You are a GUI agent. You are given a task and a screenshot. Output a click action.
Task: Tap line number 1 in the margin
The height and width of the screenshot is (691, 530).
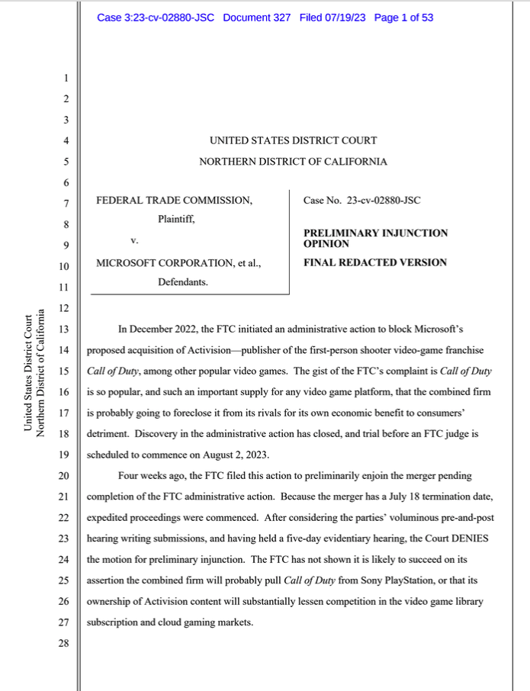66,79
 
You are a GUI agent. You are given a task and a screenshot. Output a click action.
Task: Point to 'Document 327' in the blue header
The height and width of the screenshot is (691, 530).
256,18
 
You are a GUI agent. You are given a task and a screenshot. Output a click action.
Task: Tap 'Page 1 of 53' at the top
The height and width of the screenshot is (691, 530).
404,18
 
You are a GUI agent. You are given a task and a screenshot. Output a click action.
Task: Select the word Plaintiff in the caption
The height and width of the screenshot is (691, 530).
177,220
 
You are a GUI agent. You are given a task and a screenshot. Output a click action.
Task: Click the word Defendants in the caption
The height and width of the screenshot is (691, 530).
183,282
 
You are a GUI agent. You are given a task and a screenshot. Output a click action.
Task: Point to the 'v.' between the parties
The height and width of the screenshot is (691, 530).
135,241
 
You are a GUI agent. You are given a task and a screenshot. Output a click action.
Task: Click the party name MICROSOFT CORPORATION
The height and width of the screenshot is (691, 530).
165,263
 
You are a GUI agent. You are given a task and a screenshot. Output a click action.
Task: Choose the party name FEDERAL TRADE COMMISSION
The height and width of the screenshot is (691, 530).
174,201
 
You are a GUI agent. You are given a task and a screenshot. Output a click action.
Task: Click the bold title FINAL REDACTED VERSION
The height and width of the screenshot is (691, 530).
375,263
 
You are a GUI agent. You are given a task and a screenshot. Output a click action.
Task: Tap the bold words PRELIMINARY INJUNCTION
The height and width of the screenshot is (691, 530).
375,233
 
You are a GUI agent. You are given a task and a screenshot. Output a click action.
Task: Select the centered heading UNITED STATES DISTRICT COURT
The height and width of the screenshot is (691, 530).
293,140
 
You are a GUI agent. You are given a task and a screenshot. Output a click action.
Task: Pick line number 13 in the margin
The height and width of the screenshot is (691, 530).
65,329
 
